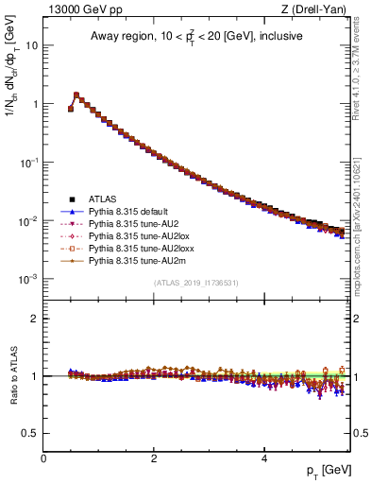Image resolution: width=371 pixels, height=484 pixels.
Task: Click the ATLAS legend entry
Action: (x=104, y=199)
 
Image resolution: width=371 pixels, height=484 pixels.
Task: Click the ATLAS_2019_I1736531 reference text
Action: (x=195, y=284)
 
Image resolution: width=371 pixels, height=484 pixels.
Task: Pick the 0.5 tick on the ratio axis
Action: (x=30, y=433)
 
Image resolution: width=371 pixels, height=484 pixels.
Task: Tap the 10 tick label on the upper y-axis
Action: (x=30, y=45)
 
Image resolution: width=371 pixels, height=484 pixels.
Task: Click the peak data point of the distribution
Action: (x=76, y=95)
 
